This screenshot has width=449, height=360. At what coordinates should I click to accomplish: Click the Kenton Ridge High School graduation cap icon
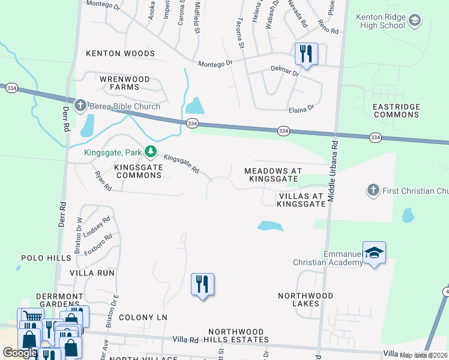pyautogui.click(x=414, y=22)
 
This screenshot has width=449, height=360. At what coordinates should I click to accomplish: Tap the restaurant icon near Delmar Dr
pyautogui.click(x=306, y=54)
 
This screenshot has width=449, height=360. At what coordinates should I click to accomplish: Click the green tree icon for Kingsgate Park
pyautogui.click(x=151, y=151)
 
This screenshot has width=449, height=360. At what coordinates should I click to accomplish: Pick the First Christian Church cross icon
pyautogui.click(x=372, y=191)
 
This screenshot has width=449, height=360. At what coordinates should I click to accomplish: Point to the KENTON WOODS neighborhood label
pyautogui.click(x=120, y=53)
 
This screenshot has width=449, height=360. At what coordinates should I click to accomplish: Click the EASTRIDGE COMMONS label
pyautogui.click(x=396, y=110)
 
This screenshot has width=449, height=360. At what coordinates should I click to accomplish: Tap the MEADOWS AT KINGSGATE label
pyautogui.click(x=273, y=175)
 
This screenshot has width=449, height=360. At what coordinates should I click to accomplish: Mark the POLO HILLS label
pyautogui.click(x=46, y=258)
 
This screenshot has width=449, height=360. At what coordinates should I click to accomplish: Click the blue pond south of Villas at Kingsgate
pyautogui.click(x=270, y=226)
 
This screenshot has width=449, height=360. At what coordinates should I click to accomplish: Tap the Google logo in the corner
pyautogui.click(x=20, y=353)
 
